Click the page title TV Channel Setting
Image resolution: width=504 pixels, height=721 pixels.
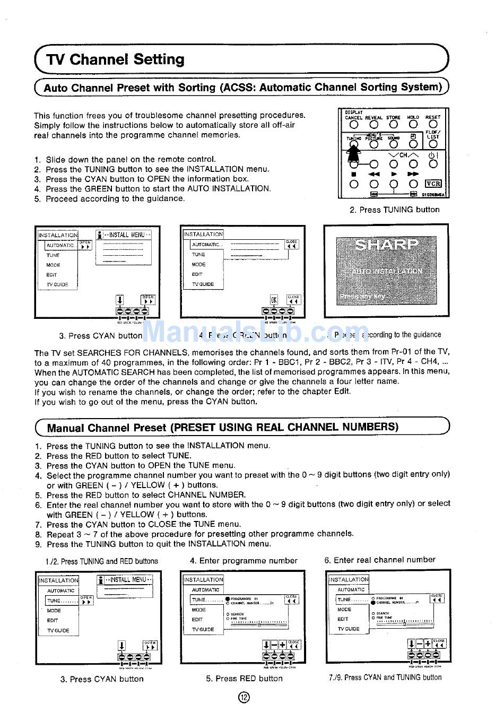click(115, 59)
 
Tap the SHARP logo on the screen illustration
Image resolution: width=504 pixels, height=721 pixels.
click(386, 245)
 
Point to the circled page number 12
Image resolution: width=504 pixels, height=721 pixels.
click(244, 698)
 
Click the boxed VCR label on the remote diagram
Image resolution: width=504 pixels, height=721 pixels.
click(433, 184)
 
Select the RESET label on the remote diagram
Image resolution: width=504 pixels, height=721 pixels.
click(433, 117)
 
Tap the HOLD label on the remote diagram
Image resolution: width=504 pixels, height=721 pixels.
click(413, 117)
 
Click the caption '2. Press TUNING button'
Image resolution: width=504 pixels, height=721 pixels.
click(394, 210)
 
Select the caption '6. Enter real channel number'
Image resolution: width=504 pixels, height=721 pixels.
click(379, 560)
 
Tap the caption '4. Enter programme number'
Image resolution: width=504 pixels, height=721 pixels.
click(244, 560)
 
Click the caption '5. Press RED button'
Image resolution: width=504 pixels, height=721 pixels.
click(244, 678)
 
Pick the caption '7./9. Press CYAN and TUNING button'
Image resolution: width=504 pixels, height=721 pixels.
click(385, 677)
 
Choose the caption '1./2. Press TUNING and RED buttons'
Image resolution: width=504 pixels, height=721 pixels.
click(102, 561)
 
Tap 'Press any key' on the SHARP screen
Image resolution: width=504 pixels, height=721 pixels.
click(363, 296)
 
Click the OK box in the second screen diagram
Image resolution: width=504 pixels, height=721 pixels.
click(274, 300)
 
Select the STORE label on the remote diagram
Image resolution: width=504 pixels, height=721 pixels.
click(393, 117)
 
